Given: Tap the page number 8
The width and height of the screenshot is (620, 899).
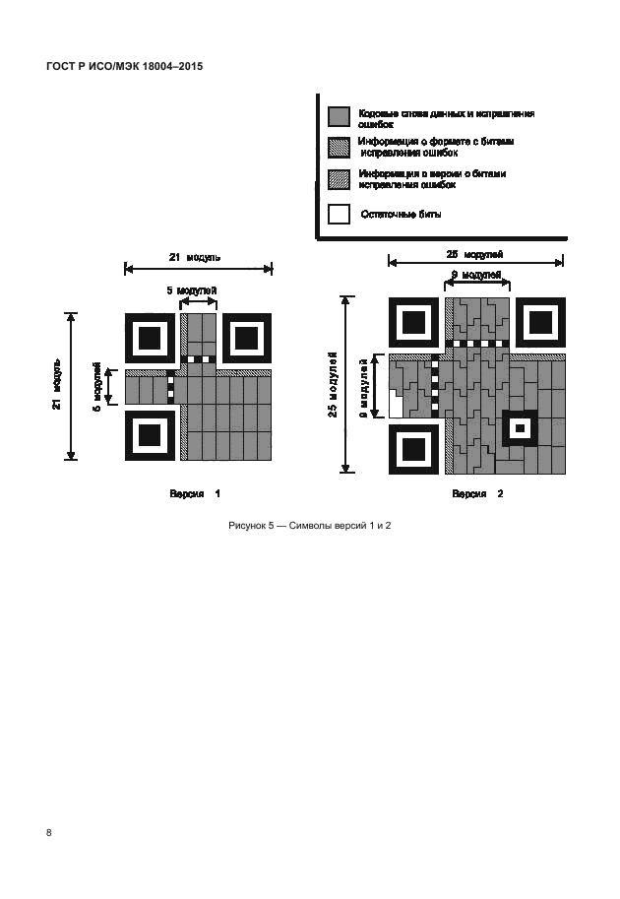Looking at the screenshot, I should (49, 832).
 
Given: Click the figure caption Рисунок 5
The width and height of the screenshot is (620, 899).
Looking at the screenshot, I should (310, 526).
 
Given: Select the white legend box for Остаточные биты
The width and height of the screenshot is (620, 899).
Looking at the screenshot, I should (339, 214).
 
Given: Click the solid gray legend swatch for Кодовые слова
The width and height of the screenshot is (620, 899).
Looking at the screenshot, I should (339, 116).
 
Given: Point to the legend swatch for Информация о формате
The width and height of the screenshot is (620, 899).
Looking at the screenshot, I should (339, 147).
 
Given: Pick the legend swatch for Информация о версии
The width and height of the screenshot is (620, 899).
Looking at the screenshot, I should (339, 178).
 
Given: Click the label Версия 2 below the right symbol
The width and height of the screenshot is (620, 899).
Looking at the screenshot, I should (477, 493).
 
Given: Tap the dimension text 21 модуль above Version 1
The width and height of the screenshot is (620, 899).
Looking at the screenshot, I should (195, 257).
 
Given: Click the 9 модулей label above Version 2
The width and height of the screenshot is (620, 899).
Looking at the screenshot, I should (476, 275).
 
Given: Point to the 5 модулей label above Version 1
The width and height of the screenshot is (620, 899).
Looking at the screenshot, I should (193, 291).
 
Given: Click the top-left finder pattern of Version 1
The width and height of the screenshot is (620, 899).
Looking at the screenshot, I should (150, 338).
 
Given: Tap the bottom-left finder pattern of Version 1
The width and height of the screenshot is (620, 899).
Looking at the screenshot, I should (150, 434).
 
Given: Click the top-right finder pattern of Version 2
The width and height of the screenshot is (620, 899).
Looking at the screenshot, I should (541, 321).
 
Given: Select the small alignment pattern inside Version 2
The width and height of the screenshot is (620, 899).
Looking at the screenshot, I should (520, 428).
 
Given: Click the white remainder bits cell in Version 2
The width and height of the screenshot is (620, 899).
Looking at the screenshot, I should (397, 406).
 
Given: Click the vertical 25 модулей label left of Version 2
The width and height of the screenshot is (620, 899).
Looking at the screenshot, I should (335, 384).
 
